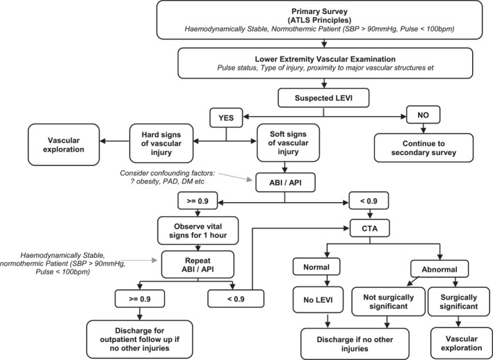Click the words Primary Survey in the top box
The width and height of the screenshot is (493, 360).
pyautogui.click(x=319, y=12)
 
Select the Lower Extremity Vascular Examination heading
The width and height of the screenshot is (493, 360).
pyautogui.click(x=325, y=59)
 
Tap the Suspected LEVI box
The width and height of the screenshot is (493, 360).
pyautogui.click(x=323, y=98)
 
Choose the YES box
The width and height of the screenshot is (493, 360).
pyautogui.click(x=226, y=118)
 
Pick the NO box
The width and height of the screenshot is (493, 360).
pyautogui.click(x=423, y=115)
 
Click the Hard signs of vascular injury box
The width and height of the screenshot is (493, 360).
pyautogui.click(x=161, y=143)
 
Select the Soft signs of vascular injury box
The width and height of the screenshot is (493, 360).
pyautogui.click(x=288, y=143)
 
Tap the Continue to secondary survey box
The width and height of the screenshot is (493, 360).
pyautogui.click(x=423, y=148)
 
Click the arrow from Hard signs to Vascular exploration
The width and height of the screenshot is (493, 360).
pyautogui.click(x=115, y=141)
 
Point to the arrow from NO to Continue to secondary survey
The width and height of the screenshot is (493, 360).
pyautogui.click(x=423, y=129)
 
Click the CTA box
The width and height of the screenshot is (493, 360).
pyautogui.click(x=370, y=229)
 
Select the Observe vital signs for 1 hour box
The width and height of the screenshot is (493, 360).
pyautogui.click(x=197, y=231)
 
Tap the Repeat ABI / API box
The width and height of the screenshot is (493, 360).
pyautogui.click(x=197, y=265)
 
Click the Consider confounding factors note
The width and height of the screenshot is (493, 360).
pyautogui.click(x=168, y=177)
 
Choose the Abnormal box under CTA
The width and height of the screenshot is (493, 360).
pyautogui.click(x=439, y=269)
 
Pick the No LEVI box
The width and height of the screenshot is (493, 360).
pyautogui.click(x=318, y=300)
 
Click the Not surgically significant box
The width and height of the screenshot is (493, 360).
pyautogui.click(x=388, y=302)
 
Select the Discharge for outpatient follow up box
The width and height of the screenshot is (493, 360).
pyautogui.click(x=140, y=339)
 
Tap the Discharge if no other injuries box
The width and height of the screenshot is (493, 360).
pyautogui.click(x=355, y=344)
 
